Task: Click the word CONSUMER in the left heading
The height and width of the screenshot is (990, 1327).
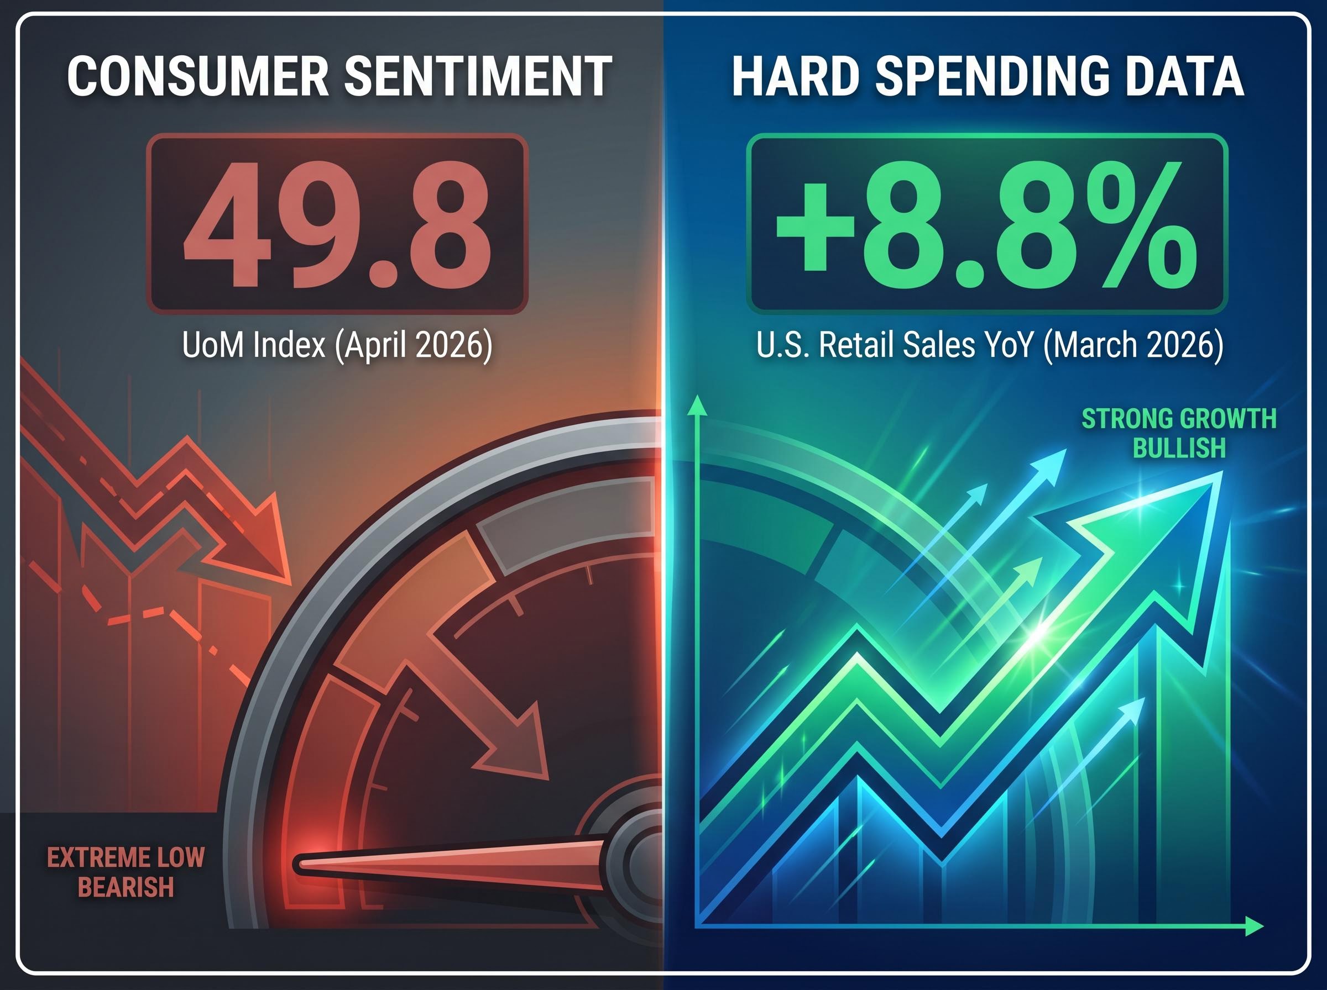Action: [198, 77]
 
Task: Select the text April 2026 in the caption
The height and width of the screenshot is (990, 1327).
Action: [413, 346]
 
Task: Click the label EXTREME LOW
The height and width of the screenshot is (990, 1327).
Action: [126, 857]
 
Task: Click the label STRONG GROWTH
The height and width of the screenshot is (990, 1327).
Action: [1179, 419]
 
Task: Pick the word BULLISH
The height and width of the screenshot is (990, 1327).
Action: [1179, 448]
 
